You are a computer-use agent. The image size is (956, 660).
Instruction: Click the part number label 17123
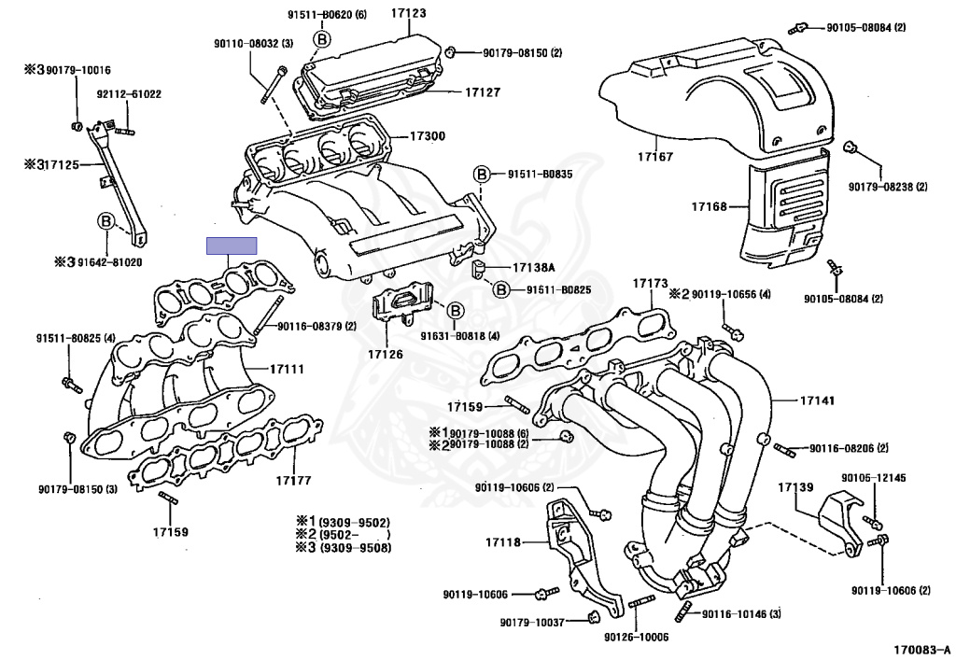click(x=407, y=13)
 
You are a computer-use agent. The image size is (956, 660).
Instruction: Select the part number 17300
click(x=428, y=136)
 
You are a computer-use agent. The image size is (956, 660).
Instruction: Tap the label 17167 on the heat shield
click(x=655, y=157)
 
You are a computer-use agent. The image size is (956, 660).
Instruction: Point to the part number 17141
click(x=817, y=400)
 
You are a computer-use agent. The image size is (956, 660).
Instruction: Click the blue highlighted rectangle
click(x=232, y=246)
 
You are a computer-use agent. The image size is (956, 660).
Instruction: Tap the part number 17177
click(x=293, y=481)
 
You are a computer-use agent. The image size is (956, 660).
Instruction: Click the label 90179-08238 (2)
click(x=888, y=187)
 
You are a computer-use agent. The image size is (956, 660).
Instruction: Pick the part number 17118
click(x=503, y=542)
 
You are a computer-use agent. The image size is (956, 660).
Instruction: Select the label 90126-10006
click(x=637, y=638)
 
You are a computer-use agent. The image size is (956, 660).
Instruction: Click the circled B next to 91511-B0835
click(x=482, y=175)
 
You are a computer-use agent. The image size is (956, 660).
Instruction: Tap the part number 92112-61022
click(x=129, y=94)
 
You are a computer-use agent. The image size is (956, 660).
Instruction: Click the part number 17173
click(x=650, y=282)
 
